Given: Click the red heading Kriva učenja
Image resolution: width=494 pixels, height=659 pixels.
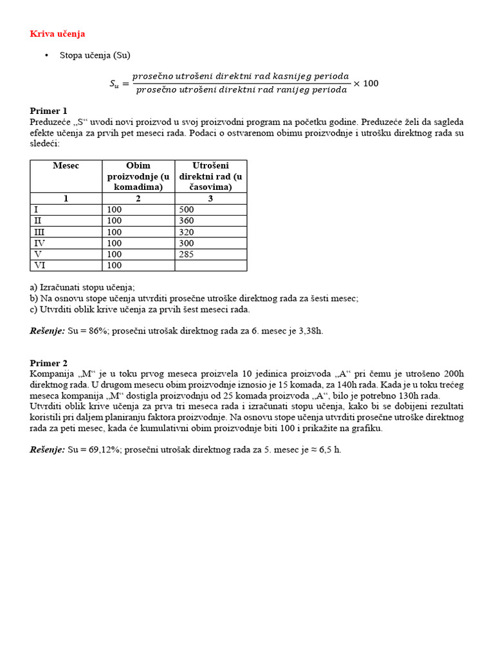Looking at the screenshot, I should click(57, 33).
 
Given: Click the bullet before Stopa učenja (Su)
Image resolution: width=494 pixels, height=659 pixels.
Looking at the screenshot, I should click(47, 56).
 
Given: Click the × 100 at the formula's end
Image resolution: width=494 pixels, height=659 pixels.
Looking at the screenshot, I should click(367, 84).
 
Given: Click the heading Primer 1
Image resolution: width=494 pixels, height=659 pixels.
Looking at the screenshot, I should click(48, 111).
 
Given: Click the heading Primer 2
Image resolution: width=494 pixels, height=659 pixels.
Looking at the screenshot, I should click(48, 363).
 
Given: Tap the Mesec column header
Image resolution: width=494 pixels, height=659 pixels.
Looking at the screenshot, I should click(66, 166).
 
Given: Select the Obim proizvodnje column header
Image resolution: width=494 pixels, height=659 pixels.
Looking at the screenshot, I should click(138, 176).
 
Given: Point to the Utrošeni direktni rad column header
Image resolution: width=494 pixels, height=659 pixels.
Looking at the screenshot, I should click(210, 176).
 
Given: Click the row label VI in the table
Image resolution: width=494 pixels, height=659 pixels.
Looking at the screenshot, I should click(39, 265).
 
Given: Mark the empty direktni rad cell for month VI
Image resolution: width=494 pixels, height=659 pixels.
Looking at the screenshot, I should click(210, 265).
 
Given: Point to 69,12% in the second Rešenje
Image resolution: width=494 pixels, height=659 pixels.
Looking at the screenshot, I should click(100, 450).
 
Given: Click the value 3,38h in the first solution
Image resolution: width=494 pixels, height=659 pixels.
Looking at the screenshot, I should click(311, 331).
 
